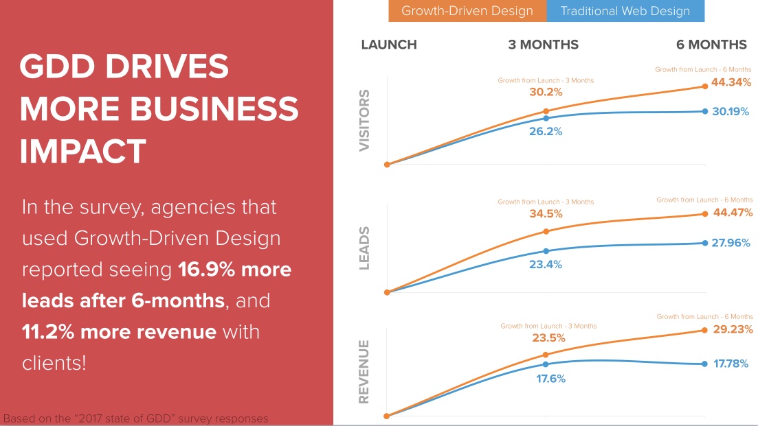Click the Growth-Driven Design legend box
click(x=467, y=11)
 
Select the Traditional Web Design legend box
click(x=625, y=11)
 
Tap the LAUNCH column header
click(x=389, y=45)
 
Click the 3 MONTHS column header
click(x=543, y=45)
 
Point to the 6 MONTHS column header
click(x=711, y=45)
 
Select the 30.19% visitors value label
click(x=731, y=111)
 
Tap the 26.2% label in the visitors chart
click(x=546, y=131)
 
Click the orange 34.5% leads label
click(x=546, y=213)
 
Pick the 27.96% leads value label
click(x=731, y=243)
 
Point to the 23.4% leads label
click(x=545, y=264)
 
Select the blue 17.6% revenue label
click(x=550, y=378)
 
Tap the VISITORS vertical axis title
click(x=365, y=120)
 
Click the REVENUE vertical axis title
click(x=365, y=371)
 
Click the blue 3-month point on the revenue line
click(x=546, y=364)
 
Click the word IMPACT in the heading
click(x=82, y=151)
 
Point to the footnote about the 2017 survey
click(x=136, y=418)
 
